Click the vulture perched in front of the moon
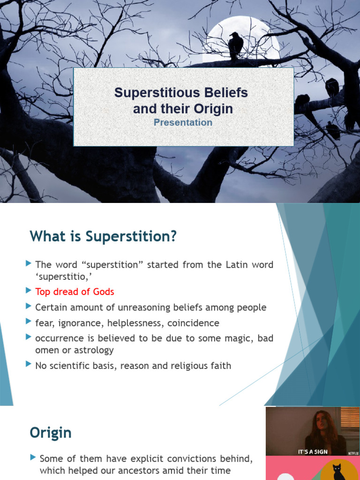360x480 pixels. [235, 45]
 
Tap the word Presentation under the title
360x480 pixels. [183, 122]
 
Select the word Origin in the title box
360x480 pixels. [215, 109]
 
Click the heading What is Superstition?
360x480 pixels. [103, 237]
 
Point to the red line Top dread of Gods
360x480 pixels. [75, 292]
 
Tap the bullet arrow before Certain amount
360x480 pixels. [29, 307]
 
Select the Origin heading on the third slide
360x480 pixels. [51, 433]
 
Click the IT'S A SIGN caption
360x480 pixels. [313, 452]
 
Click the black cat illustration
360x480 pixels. [337, 471]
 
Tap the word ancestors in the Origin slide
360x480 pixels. [157, 470]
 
